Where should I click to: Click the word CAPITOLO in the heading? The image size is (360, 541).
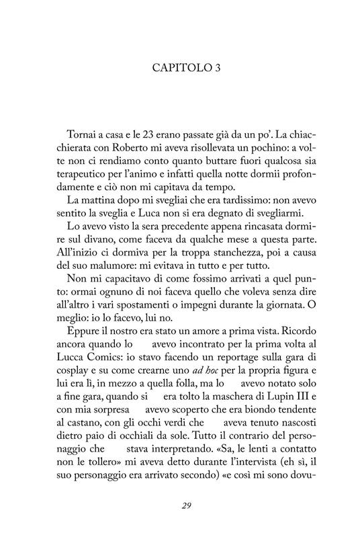point(171,68)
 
